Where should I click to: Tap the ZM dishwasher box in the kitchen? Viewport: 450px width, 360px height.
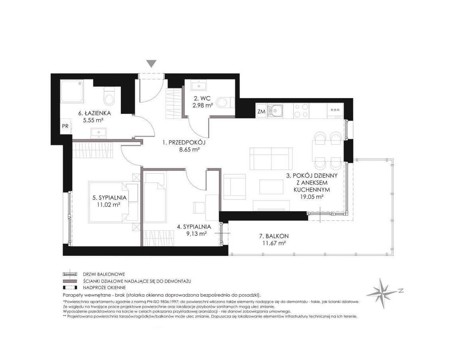[x=261, y=111]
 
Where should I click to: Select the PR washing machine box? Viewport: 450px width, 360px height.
[x=65, y=126]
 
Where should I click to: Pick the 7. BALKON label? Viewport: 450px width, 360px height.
[x=274, y=236]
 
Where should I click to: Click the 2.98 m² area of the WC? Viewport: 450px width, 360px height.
[x=202, y=105]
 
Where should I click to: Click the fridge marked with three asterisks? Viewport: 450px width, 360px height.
[x=335, y=111]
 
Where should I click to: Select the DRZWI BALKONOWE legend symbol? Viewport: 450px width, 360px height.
[x=70, y=274]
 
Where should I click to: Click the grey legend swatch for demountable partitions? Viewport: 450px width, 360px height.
[x=70, y=281]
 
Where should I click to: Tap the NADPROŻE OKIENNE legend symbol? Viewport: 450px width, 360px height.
[x=70, y=287]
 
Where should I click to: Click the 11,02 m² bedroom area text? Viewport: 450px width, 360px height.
[x=109, y=205]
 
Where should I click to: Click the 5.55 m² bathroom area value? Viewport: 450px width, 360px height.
[x=93, y=121]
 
